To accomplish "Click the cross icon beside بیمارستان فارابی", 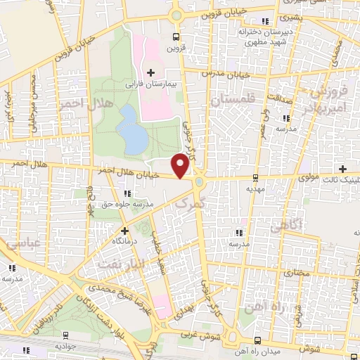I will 150,72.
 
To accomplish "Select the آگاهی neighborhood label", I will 287,224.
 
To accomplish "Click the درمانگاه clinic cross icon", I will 124,231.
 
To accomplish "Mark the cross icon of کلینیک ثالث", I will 342,168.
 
